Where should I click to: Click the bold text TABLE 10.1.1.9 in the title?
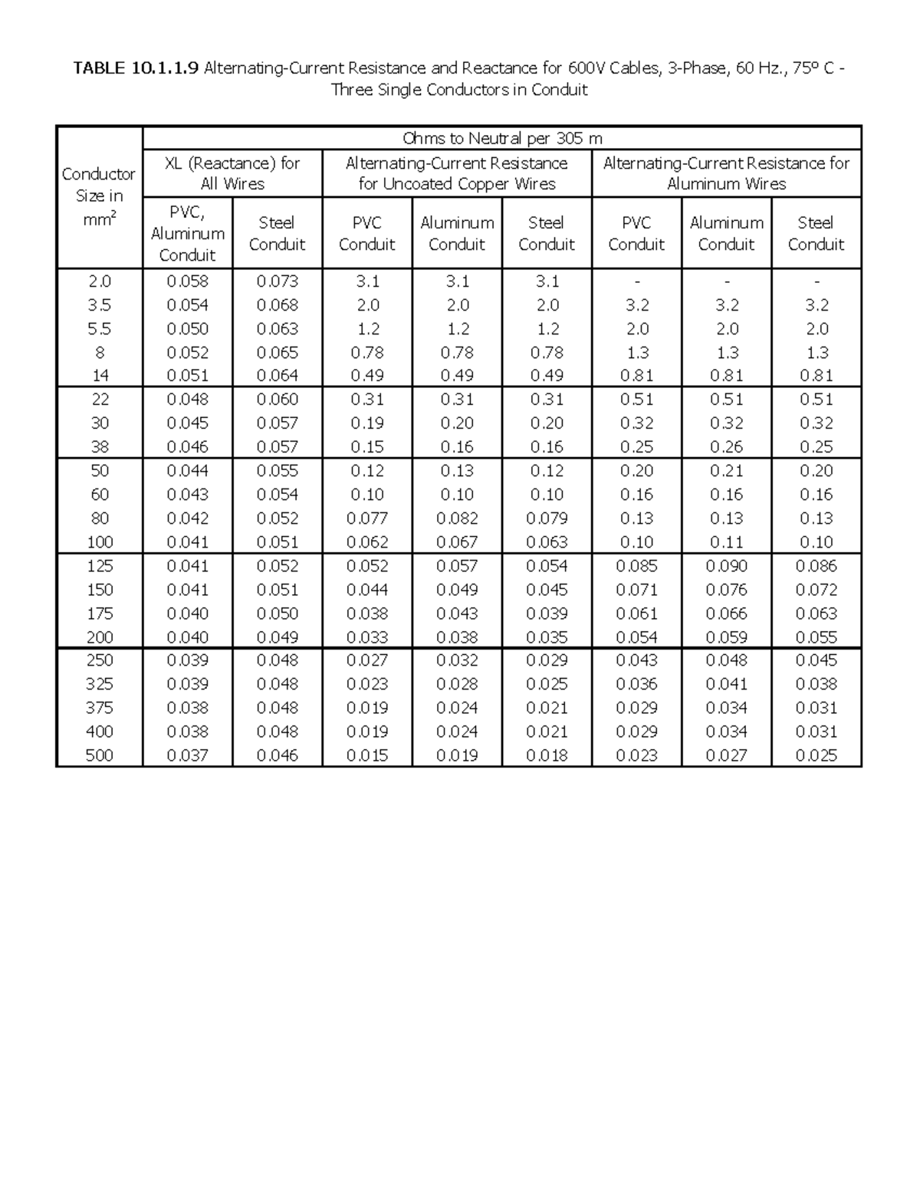coord(136,68)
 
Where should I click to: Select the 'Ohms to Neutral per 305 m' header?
coord(502,139)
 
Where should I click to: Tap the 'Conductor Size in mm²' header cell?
coord(99,196)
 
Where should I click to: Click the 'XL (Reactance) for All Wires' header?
coord(232,173)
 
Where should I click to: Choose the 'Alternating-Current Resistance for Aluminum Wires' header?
coord(726,173)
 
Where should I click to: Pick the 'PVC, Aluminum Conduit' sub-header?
coord(187,233)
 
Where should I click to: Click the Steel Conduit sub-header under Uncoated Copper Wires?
coord(547,233)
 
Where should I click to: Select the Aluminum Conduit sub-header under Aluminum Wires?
coord(726,233)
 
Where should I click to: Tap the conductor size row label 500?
coord(99,755)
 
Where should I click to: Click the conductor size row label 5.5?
coord(99,329)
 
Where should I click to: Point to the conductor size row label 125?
coord(99,566)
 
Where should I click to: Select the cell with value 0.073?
coord(277,281)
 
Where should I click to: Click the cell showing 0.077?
coord(367,518)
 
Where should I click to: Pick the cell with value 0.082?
coord(457,518)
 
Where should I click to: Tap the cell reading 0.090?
coord(726,566)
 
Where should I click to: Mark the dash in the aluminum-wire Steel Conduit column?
coord(816,281)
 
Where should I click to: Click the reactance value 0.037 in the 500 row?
coord(187,755)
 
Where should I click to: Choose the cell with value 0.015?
coord(367,755)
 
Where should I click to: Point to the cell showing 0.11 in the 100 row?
coord(726,542)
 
